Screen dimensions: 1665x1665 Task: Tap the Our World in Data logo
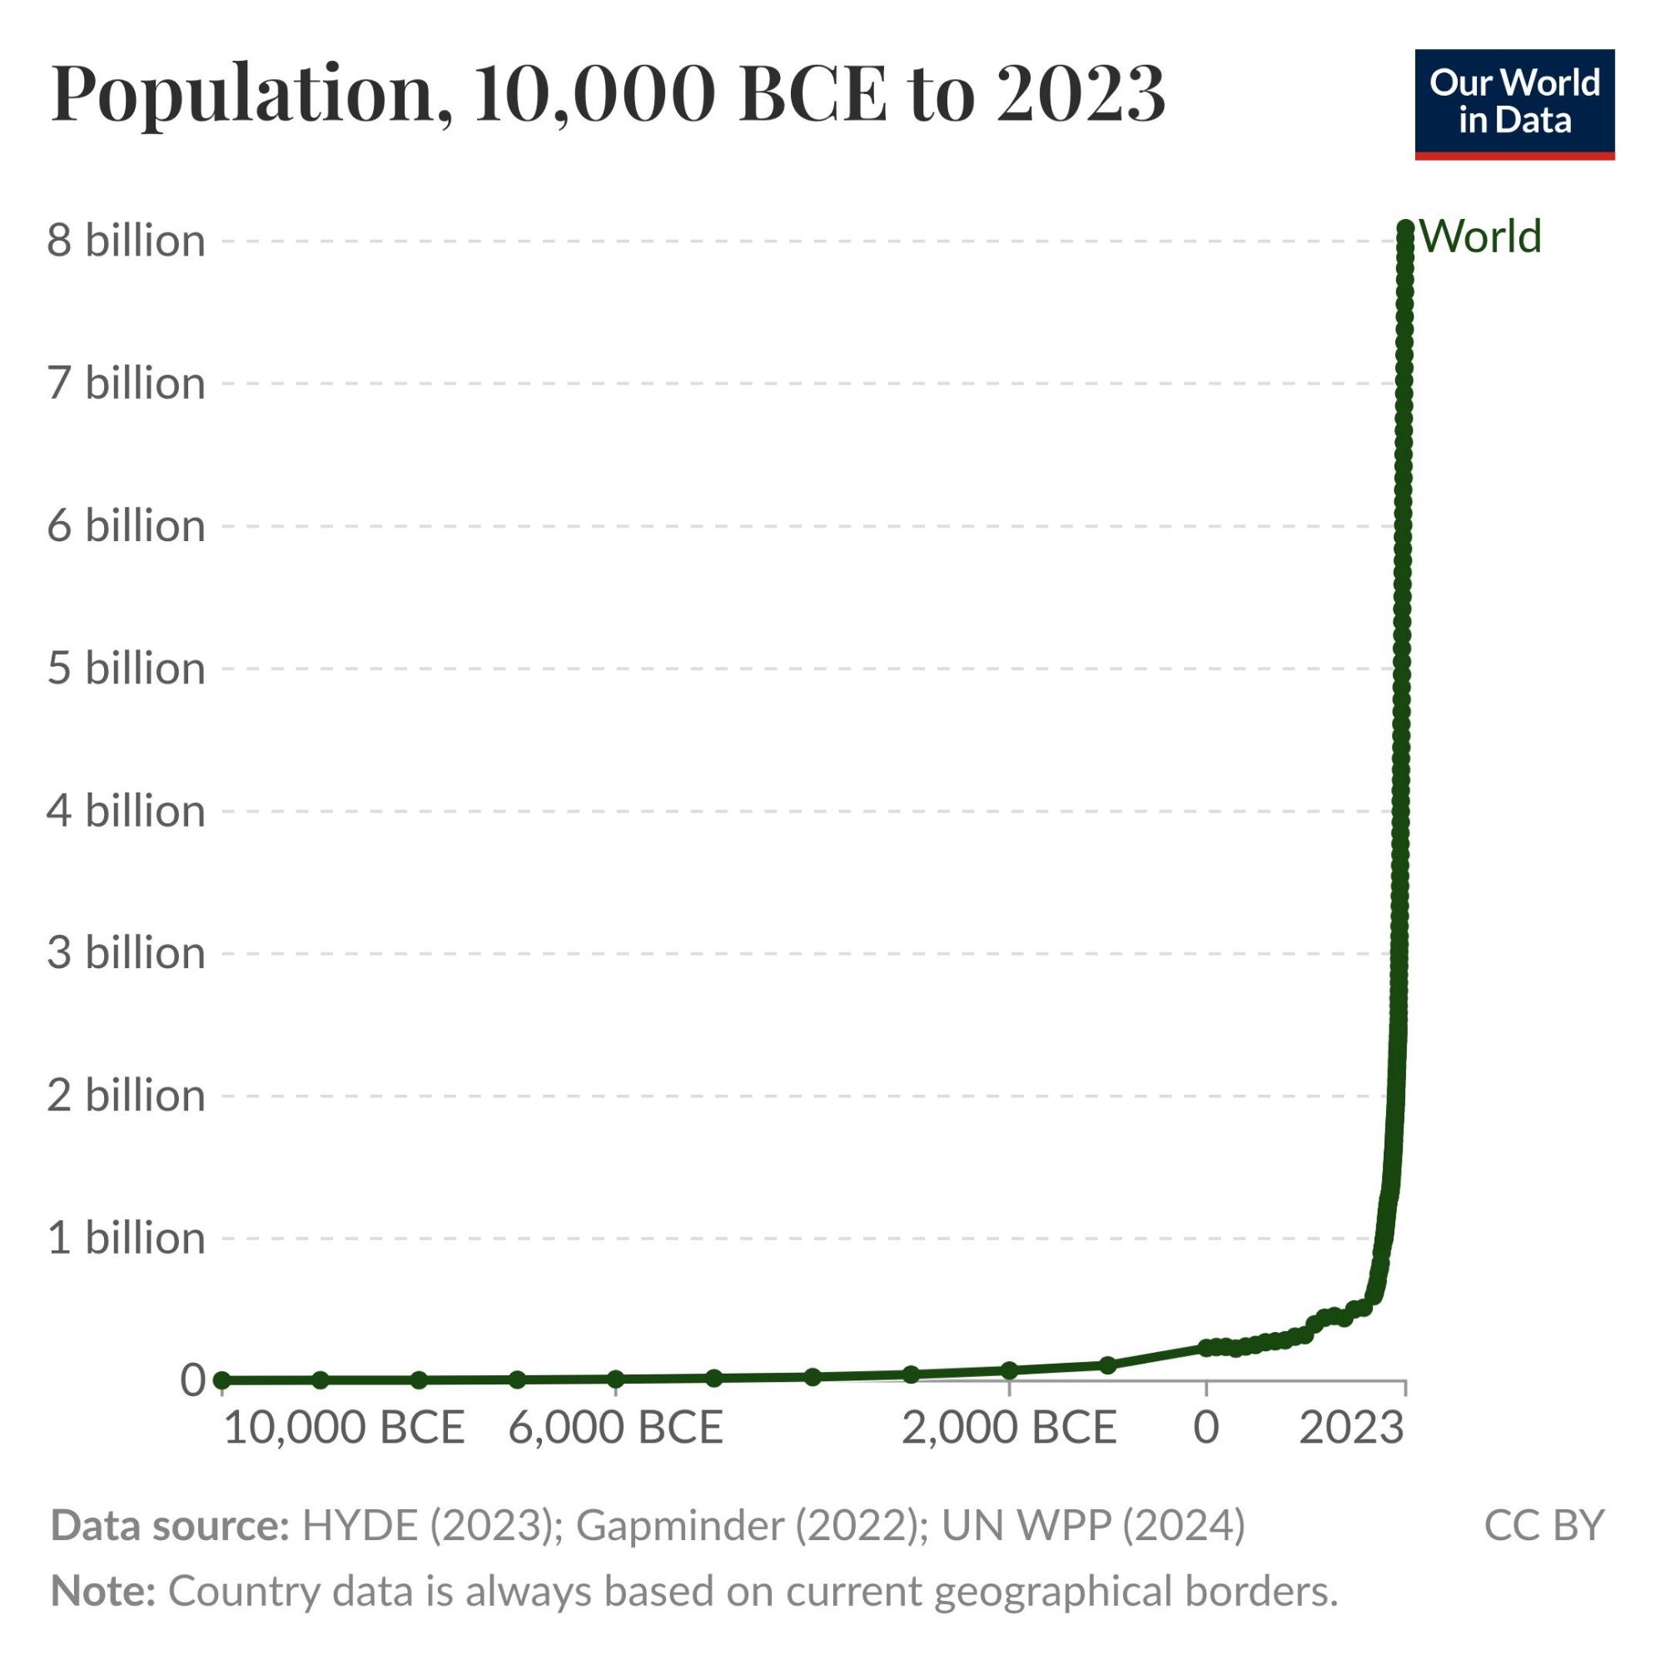1514,103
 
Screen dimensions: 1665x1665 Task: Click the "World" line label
1479,236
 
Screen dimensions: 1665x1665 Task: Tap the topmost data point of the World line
1404,227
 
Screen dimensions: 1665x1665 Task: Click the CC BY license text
1543,1525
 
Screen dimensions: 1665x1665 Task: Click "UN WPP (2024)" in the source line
1093,1525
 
